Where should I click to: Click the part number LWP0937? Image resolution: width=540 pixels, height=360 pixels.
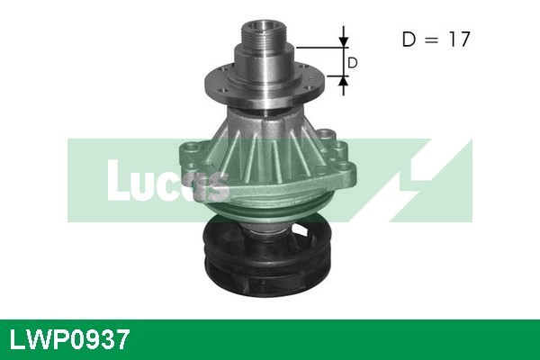tap(69, 339)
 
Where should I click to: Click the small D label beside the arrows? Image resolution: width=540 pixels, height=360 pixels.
tap(353, 63)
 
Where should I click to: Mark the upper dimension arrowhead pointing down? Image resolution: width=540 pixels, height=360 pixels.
tap(343, 41)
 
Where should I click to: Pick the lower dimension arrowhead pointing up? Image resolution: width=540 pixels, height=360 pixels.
tap(343, 83)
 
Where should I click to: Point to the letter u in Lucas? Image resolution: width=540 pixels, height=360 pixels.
tap(149, 185)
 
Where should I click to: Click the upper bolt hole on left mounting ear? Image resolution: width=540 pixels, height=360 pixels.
tap(188, 148)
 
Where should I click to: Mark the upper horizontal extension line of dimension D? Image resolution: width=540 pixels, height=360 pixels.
tap(319, 46)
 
